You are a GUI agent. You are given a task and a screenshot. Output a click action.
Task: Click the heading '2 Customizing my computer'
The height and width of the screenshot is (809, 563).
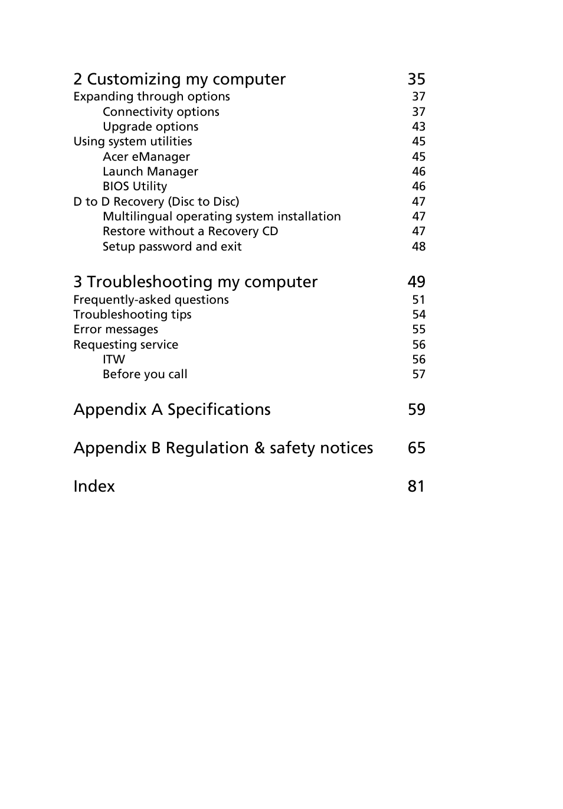coord(179,79)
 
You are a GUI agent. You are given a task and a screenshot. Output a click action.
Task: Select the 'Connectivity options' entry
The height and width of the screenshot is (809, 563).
coord(161,112)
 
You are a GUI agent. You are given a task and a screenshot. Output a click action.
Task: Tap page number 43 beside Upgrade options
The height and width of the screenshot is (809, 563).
coord(418,126)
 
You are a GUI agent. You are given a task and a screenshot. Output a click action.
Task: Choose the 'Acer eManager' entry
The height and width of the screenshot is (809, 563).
coord(146,157)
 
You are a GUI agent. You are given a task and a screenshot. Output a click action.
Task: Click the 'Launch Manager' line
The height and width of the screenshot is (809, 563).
coord(150,171)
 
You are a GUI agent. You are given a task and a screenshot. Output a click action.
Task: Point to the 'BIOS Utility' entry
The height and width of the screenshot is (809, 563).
coord(135,186)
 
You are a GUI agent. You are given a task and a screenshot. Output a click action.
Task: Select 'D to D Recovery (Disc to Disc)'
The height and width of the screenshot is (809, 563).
coord(156,202)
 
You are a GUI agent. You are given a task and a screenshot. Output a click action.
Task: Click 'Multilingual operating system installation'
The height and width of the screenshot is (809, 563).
coord(221,216)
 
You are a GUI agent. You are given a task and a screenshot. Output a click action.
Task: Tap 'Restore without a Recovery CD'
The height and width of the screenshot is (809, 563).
coord(190,231)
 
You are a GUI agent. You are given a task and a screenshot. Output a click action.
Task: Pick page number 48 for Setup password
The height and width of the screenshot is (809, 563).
coord(418,246)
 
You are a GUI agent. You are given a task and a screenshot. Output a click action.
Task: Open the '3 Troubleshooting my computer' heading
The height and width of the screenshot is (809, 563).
coord(195,282)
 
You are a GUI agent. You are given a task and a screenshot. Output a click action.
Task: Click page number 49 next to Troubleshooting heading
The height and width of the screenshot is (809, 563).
coord(416,282)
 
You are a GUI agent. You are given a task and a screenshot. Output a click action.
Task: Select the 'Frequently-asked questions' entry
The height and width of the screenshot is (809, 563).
coord(151,300)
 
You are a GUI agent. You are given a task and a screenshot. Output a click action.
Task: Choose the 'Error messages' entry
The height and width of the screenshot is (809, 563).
coord(116,329)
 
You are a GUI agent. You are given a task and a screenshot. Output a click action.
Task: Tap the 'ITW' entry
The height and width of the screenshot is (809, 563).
coord(114,359)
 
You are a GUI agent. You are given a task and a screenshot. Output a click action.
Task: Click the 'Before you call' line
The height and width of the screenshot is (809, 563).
coord(145,374)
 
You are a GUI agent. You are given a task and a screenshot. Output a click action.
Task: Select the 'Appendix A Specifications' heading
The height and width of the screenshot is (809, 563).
coord(172,410)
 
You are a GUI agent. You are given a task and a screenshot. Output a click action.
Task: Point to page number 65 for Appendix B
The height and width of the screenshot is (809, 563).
coord(416,448)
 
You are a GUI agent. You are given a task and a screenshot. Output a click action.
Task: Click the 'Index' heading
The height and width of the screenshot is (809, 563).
coord(94,486)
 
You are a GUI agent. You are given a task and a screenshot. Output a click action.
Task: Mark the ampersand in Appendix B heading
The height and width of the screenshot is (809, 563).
coord(259,448)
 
